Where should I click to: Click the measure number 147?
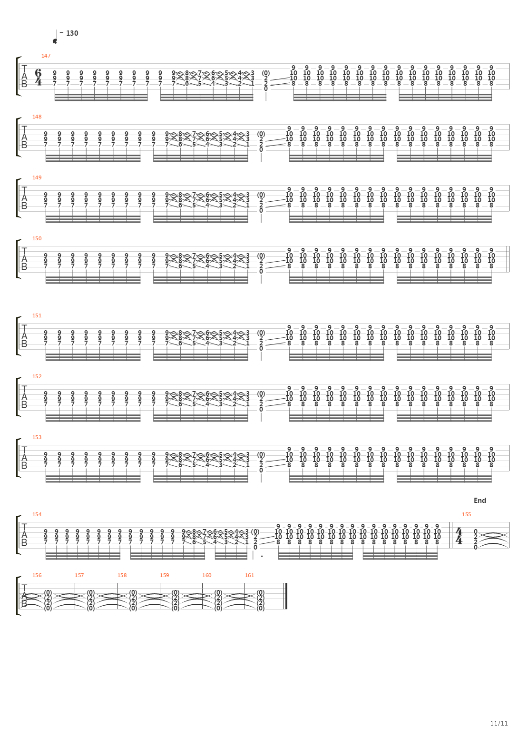tap(46, 56)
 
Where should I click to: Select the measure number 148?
tap(37, 117)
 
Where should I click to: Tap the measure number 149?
tap(37, 177)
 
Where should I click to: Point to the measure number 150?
tap(37, 238)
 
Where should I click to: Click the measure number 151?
tap(37, 315)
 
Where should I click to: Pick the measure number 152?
tap(37, 376)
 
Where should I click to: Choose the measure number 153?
tap(37, 437)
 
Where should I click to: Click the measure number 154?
tap(37, 514)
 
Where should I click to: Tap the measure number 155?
tap(466, 514)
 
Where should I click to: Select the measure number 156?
tap(37, 575)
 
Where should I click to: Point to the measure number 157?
tap(79, 575)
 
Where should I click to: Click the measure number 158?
tap(122, 575)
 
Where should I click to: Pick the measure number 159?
tap(164, 575)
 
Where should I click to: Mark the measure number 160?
tap(206, 575)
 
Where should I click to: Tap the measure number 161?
tap(249, 575)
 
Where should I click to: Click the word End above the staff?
tap(479, 501)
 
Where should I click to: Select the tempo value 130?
tap(72, 33)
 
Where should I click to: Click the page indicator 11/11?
tap(499, 723)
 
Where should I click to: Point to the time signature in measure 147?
tap(38, 77)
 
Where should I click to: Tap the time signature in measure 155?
tap(459, 535)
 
